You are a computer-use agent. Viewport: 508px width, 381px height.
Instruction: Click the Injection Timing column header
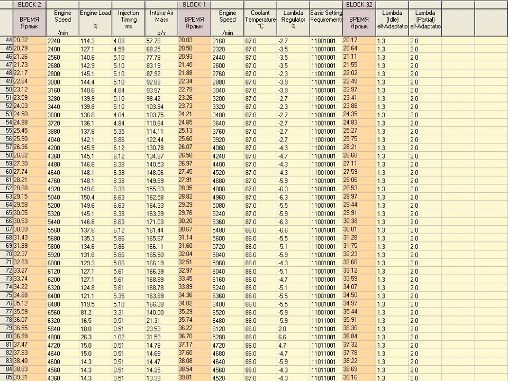(x=128, y=19)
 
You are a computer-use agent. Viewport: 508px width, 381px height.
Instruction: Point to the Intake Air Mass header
(x=161, y=19)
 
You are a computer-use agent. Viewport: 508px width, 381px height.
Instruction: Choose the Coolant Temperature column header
(x=260, y=19)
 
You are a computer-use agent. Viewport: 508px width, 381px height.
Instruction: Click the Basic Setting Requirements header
(x=326, y=16)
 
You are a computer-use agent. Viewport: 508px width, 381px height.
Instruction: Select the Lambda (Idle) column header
(x=392, y=19)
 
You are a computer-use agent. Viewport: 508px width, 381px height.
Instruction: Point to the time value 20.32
(x=21, y=40)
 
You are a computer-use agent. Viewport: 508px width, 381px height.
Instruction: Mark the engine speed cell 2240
(x=54, y=40)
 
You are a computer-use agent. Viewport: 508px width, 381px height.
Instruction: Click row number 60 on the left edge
(x=8, y=172)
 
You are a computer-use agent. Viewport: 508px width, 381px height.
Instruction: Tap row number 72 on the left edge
(x=8, y=271)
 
